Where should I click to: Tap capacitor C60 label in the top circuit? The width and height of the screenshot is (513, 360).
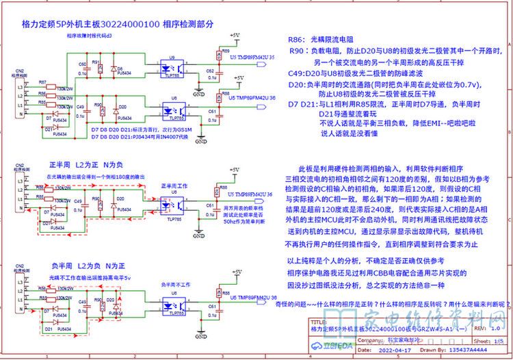tap(82, 64)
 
